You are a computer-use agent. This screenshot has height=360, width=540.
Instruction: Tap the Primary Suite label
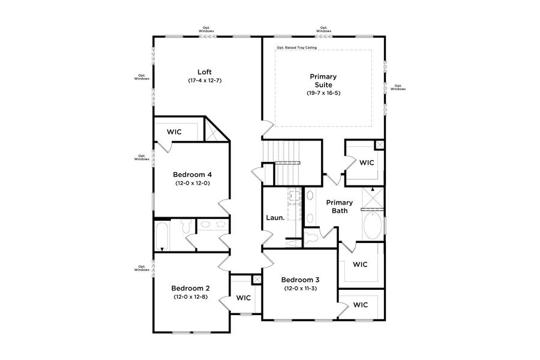tap(323, 80)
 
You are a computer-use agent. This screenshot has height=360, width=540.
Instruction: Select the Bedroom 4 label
tap(192, 175)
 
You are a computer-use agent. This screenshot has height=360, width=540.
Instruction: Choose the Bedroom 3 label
tap(300, 280)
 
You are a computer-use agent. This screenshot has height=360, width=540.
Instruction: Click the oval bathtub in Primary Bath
tap(372, 227)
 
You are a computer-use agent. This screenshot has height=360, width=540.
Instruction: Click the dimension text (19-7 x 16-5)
tap(323, 93)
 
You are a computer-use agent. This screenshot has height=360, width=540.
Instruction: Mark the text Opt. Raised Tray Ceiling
tap(296, 47)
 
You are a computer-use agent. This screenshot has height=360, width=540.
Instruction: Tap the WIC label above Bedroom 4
tap(175, 131)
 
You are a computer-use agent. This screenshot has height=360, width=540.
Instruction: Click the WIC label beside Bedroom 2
tap(243, 298)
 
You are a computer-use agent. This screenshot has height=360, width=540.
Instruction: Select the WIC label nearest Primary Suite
tap(367, 162)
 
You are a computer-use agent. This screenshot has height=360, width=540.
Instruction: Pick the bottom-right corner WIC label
tap(360, 305)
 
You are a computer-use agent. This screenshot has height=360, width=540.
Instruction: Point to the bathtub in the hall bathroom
tap(161, 236)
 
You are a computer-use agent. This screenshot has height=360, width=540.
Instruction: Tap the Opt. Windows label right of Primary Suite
tap(398, 87)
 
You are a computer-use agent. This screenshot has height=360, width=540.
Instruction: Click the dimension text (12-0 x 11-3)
tap(300, 289)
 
